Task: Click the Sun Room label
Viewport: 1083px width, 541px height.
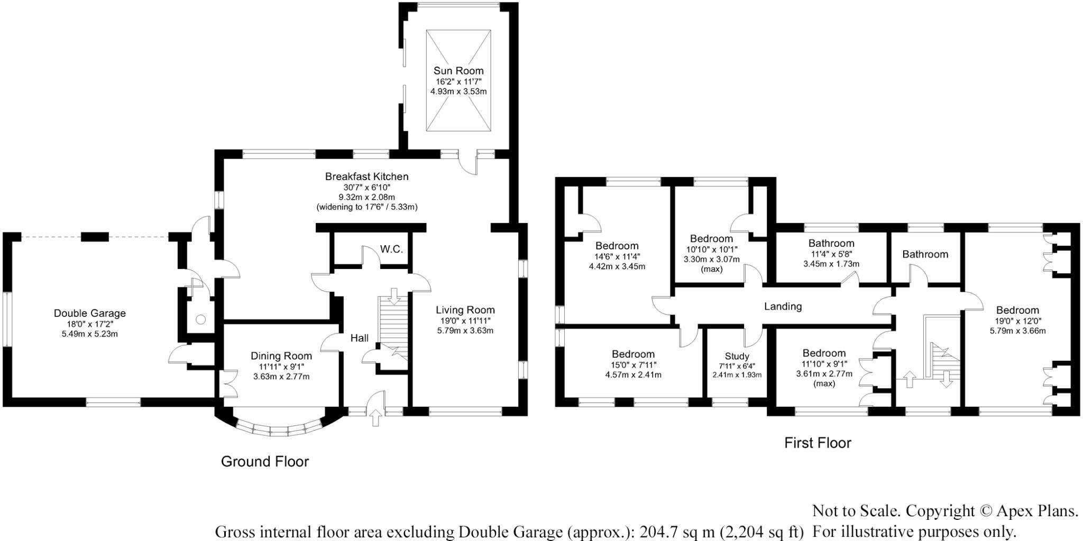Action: [458, 71]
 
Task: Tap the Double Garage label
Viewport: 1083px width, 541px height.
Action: [90, 313]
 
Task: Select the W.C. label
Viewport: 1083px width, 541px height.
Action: [391, 249]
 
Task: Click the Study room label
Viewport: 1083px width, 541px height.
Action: [737, 357]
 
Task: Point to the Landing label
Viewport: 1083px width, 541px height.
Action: [783, 306]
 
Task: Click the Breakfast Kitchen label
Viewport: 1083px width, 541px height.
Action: [366, 176]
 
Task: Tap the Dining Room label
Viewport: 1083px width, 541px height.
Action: [281, 356]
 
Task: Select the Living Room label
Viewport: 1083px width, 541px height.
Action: [465, 310]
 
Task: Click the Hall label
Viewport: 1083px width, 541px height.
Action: [360, 338]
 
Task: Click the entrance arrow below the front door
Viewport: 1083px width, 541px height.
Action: [376, 418]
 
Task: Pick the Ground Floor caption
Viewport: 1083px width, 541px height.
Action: [264, 462]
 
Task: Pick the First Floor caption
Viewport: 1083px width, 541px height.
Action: [818, 443]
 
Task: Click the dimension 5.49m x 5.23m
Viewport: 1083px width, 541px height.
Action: [90, 334]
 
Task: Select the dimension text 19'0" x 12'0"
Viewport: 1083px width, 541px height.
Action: [1017, 321]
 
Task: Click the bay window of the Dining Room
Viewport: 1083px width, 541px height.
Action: [278, 427]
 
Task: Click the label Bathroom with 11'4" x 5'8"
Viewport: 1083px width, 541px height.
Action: [831, 244]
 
